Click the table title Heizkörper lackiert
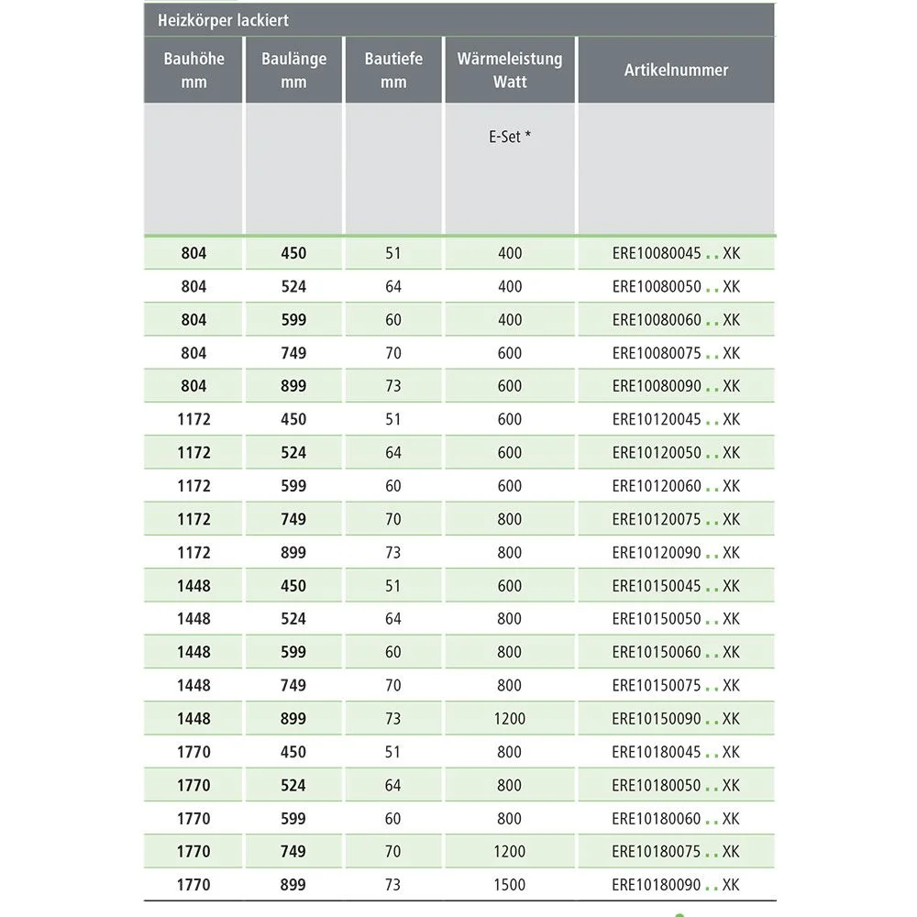(224, 20)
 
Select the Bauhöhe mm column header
(193, 70)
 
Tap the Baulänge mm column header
(293, 70)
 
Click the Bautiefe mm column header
(393, 70)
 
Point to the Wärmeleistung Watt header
(510, 70)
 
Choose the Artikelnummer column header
(676, 70)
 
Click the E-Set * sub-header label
(510, 137)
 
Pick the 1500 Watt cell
(510, 885)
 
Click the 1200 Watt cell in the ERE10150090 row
(510, 719)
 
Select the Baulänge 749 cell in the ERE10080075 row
(293, 353)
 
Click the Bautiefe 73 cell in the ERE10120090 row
(393, 552)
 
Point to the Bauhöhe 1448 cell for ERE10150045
(193, 586)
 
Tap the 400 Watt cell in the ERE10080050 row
(510, 286)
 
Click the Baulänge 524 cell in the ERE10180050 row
(293, 785)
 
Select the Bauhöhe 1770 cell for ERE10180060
(193, 818)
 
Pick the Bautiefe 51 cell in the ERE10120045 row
(393, 419)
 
